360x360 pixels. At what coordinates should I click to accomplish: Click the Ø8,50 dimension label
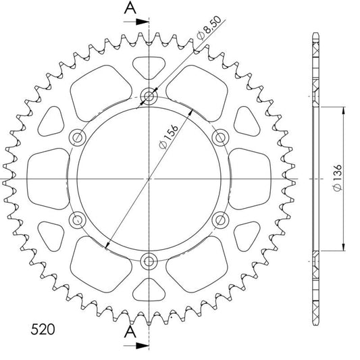pyautogui.click(x=209, y=28)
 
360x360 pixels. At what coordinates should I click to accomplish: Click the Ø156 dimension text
pyautogui.click(x=169, y=136)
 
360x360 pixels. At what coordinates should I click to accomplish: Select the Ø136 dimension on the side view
pyautogui.click(x=338, y=178)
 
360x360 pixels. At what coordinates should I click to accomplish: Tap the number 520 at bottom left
pyautogui.click(x=43, y=330)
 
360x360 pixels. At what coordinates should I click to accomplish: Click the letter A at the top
pyautogui.click(x=130, y=7)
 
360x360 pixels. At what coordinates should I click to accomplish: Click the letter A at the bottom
pyautogui.click(x=130, y=332)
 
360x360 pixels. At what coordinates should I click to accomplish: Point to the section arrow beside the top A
pyautogui.click(x=136, y=22)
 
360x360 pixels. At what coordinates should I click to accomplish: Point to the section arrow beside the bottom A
pyautogui.click(x=136, y=346)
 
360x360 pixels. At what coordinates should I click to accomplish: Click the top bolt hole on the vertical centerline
pyautogui.click(x=149, y=96)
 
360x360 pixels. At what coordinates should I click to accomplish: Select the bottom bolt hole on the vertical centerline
pyautogui.click(x=149, y=261)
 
